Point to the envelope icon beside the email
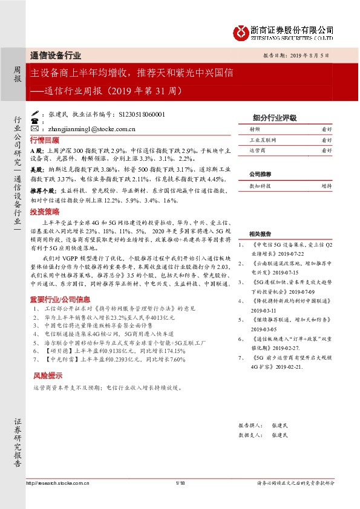click(x=34, y=128)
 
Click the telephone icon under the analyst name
click(x=34, y=121)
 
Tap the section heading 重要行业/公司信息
click(x=61, y=299)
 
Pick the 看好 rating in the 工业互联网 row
click(x=326, y=139)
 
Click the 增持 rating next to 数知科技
click(x=326, y=187)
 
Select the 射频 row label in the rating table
click(x=255, y=129)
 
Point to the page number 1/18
click(x=179, y=483)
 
